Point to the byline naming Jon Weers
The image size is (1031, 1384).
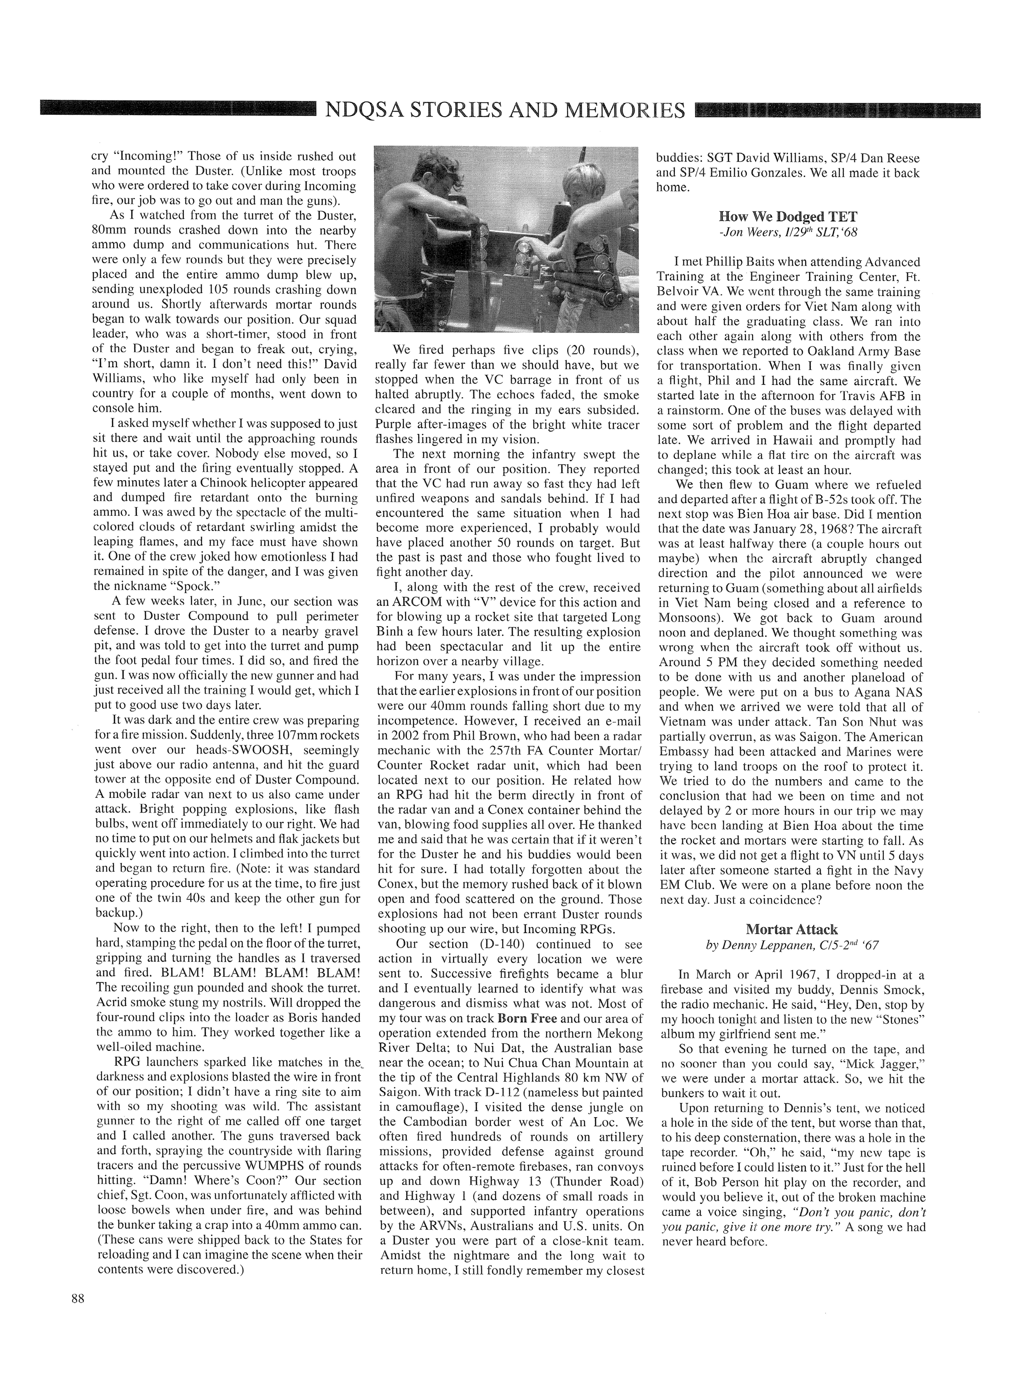[788, 233]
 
